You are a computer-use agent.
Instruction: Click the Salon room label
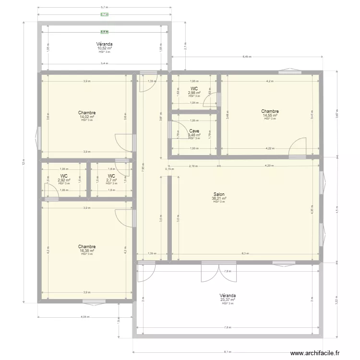[x=218, y=194]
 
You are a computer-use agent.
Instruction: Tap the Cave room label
[x=194, y=131]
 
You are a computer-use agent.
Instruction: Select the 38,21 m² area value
[x=218, y=198]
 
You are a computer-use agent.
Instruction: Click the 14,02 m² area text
[x=87, y=117]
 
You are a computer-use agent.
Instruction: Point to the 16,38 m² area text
[x=87, y=251]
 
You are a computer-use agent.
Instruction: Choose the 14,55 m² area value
[x=270, y=115]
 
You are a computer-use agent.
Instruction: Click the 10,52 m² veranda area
[x=104, y=48]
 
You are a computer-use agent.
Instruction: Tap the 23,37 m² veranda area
[x=228, y=300]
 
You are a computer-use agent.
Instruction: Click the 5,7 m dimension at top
[x=104, y=8]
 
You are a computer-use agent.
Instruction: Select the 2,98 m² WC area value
[x=194, y=93]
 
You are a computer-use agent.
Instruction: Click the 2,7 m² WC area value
[x=111, y=180]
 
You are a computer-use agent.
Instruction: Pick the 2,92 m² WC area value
[x=64, y=180]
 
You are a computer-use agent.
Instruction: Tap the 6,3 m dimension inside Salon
[x=245, y=253]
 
